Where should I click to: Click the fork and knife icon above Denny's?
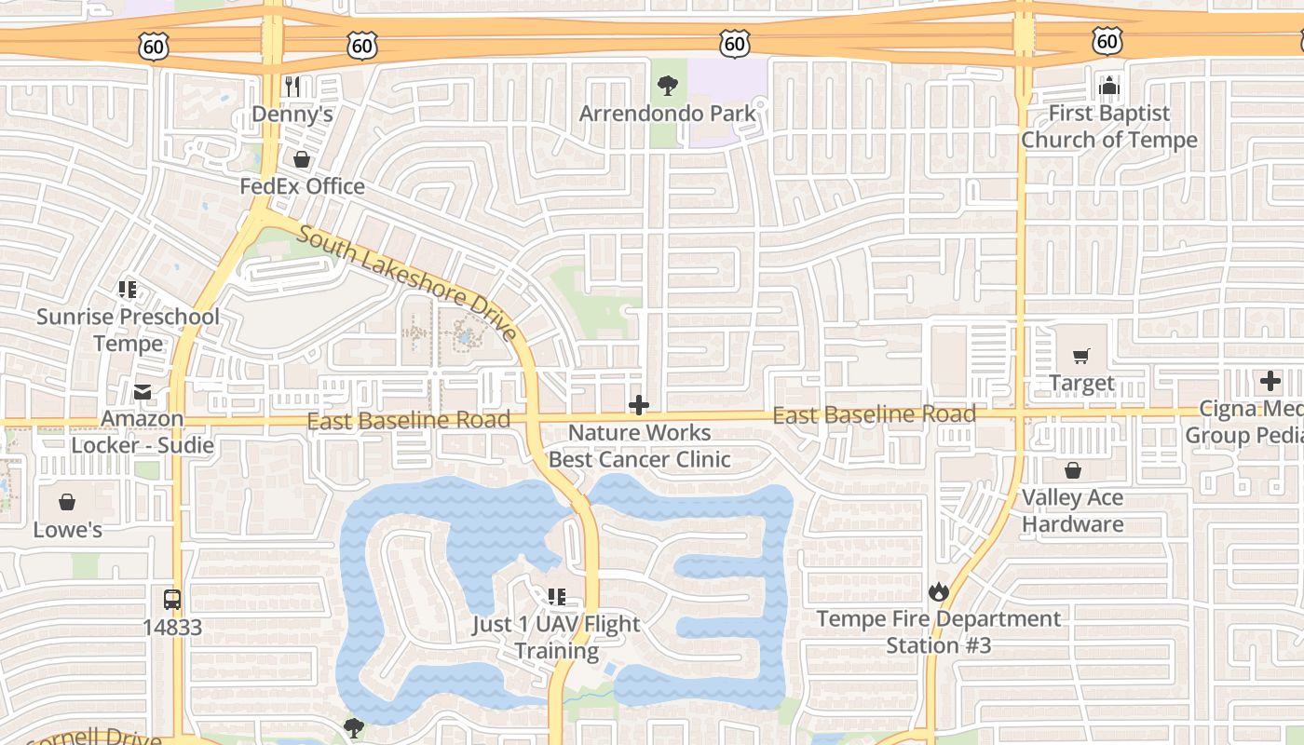pyautogui.click(x=292, y=87)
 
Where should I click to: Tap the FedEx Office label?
pyautogui.click(x=302, y=186)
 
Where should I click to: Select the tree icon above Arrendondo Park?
pyautogui.click(x=667, y=87)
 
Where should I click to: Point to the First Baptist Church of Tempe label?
pyautogui.click(x=1108, y=127)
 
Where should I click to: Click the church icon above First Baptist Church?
pyautogui.click(x=1108, y=87)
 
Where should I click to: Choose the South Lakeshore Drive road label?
pyautogui.click(x=407, y=282)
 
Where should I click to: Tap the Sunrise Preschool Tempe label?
pyautogui.click(x=128, y=330)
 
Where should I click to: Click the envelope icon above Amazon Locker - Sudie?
pyautogui.click(x=143, y=392)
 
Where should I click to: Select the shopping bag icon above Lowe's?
pyautogui.click(x=67, y=503)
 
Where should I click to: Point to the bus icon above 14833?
pyautogui.click(x=171, y=600)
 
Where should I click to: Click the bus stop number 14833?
pyautogui.click(x=171, y=627)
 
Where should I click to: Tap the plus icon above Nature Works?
pyautogui.click(x=639, y=405)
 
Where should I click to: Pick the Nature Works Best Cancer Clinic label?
pyautogui.click(x=639, y=446)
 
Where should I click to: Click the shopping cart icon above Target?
pyautogui.click(x=1081, y=356)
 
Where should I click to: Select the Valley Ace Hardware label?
pyautogui.click(x=1073, y=510)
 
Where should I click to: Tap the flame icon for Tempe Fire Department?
pyautogui.click(x=938, y=591)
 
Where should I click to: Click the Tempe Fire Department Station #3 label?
pyautogui.click(x=938, y=632)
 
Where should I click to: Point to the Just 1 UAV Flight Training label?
pyautogui.click(x=556, y=637)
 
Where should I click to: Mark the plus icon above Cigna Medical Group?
pyautogui.click(x=1270, y=381)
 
